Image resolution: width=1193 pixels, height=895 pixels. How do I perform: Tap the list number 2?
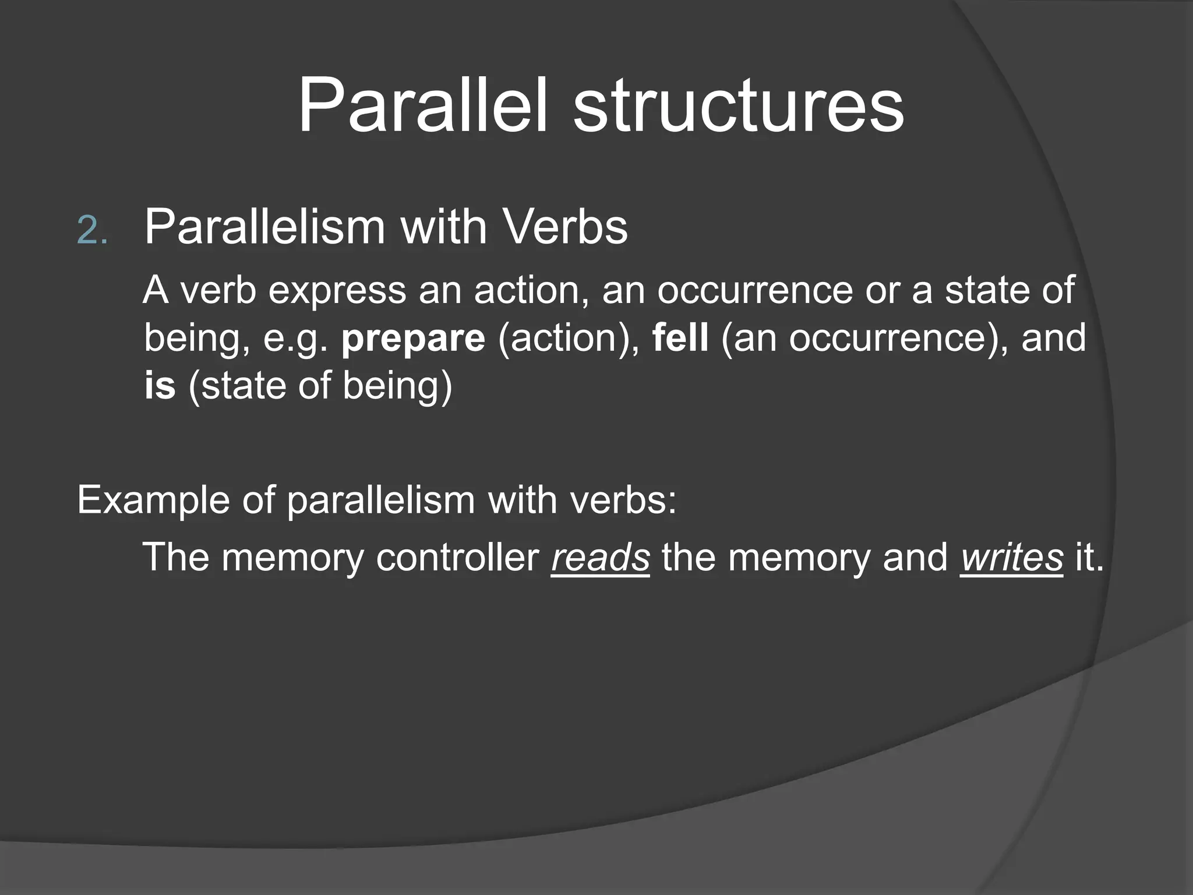click(x=92, y=231)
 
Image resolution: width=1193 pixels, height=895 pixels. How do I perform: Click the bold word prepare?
click(x=413, y=338)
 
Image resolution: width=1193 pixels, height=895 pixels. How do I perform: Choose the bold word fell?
click(x=680, y=337)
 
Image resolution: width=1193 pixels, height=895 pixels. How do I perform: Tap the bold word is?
click(x=160, y=385)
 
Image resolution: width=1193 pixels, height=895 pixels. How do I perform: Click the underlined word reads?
click(x=600, y=557)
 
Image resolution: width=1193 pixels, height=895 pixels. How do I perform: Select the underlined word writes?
click(x=1012, y=557)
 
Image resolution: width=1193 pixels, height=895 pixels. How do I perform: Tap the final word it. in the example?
click(x=1089, y=557)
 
